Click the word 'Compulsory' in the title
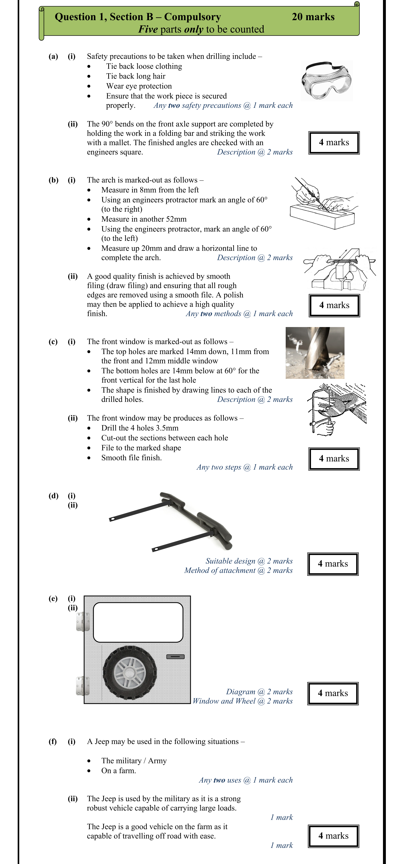coord(192,17)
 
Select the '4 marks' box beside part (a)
coord(334,143)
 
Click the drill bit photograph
coord(315,353)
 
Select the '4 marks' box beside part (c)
coord(334,459)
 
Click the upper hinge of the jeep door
coord(83,622)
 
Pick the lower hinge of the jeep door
coord(83,685)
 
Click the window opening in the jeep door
coord(138,622)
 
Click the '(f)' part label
coord(53,741)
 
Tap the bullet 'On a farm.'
coord(119,771)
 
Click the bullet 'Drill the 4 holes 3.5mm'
coord(140,428)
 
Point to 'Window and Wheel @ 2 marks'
coord(243,701)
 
